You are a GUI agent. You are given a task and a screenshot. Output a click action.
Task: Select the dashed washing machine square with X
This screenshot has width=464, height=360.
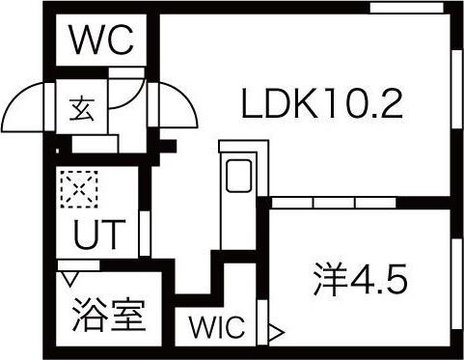(79, 189)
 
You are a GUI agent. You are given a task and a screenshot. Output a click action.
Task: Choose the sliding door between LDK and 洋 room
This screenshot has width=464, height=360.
(332, 203)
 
